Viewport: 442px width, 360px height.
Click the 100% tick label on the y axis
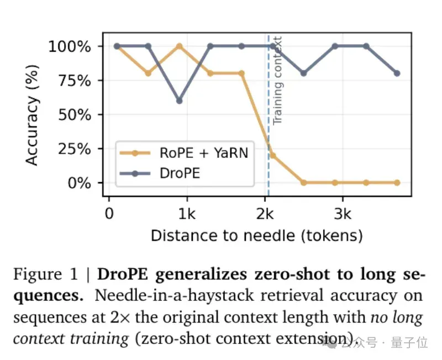pos(70,46)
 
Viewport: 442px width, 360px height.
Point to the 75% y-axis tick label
pos(75,81)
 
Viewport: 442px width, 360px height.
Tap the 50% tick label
pos(75,115)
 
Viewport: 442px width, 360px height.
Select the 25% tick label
pos(75,149)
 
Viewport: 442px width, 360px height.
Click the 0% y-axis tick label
pos(79,183)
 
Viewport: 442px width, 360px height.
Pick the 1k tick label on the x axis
pos(187,214)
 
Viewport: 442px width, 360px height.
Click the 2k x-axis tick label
pos(265,214)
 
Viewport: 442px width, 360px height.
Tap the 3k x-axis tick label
pos(343,214)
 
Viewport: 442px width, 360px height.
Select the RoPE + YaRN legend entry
pos(184,153)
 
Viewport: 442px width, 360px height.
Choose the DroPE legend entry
pos(160,173)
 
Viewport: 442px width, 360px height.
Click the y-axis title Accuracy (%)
pos(31,115)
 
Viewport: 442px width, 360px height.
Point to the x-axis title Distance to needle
pos(257,236)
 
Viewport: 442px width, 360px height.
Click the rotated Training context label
pos(277,80)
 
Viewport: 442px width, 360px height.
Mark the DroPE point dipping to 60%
pos(179,100)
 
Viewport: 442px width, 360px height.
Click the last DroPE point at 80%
pos(397,73)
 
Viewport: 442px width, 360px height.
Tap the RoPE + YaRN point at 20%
pos(272,155)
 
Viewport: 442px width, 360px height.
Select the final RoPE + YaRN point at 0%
pos(397,183)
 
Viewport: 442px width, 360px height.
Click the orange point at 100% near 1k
pos(179,46)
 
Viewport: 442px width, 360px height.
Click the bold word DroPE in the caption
pos(123,274)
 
